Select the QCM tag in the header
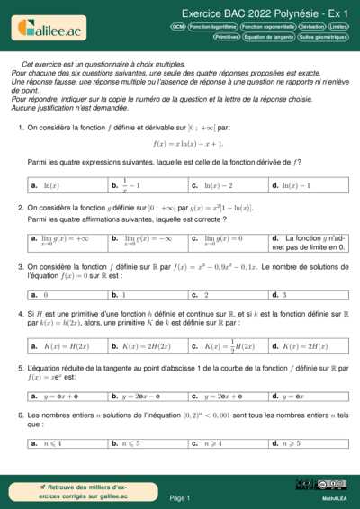pos(177,27)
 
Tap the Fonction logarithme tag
pos(213,27)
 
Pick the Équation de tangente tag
pos(269,37)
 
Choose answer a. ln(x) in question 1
pos(67,185)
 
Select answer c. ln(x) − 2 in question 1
pos(229,185)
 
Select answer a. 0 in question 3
pos(67,294)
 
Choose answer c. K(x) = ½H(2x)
pos(229,346)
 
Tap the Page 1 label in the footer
pos(180,497)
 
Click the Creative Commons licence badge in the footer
pos(324,485)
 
